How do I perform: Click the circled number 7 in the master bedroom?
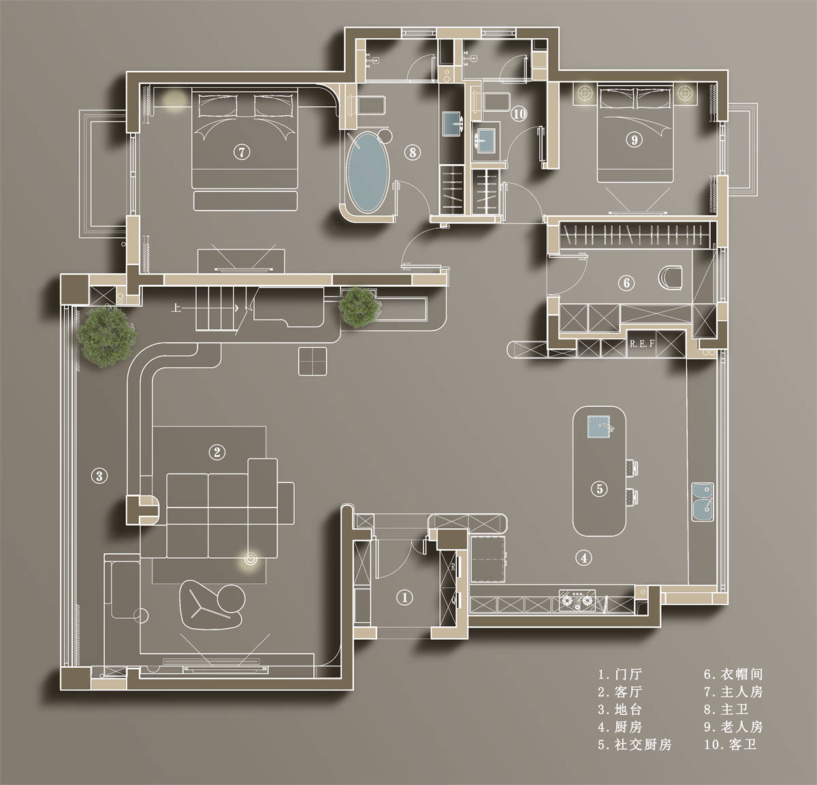(x=242, y=152)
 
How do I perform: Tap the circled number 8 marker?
(x=413, y=152)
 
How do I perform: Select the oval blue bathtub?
(x=368, y=172)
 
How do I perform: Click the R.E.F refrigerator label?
(x=642, y=343)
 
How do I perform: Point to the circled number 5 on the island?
(x=599, y=489)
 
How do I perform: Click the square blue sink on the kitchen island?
(x=598, y=427)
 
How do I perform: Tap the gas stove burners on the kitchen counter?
(x=577, y=600)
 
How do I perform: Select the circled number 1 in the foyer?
(x=404, y=597)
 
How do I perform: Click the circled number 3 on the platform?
(x=99, y=476)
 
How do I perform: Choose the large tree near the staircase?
(x=107, y=336)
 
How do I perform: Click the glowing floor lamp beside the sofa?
(x=251, y=559)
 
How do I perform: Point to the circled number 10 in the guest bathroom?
(x=519, y=114)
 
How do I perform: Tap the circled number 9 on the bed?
(x=634, y=140)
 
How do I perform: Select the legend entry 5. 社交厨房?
(x=635, y=745)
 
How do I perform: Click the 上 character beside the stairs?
(x=176, y=308)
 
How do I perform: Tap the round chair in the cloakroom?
(x=670, y=277)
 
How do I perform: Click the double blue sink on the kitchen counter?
(x=703, y=502)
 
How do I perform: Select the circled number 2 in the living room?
(x=217, y=452)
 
